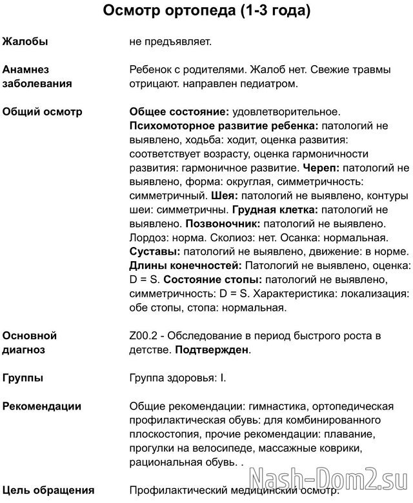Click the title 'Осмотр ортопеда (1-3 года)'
[x=206, y=12]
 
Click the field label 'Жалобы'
[x=25, y=42]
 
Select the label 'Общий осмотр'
[x=43, y=112]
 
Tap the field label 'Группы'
[x=23, y=378]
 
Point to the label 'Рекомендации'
[x=42, y=406]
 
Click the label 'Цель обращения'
[x=48, y=490]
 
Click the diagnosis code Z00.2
[x=145, y=336]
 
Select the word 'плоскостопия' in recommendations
[x=162, y=434]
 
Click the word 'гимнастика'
[x=261, y=406]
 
